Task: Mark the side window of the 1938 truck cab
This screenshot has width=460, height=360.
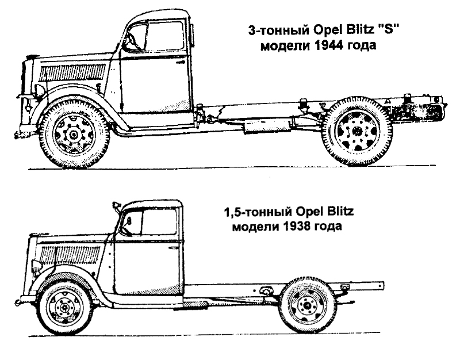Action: tap(158, 223)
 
